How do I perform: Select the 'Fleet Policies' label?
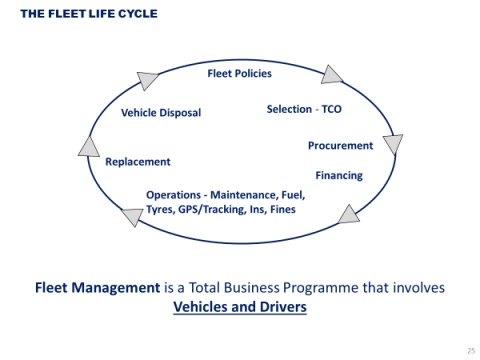coord(239,73)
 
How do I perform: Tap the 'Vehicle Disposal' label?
coord(161,113)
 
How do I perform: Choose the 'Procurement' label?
coord(340,145)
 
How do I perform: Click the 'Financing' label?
coord(339,175)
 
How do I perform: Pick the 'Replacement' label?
coord(138,161)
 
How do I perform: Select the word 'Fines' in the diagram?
coord(281,210)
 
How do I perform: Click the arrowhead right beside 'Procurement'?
coord(393,144)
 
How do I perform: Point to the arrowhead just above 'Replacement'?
coord(89,146)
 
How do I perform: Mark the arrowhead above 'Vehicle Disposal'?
coord(148,81)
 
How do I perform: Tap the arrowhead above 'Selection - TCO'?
coord(332,74)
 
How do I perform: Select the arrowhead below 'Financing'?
coord(349,213)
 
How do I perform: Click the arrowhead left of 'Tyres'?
coord(131,216)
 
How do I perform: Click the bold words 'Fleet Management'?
coord(96,288)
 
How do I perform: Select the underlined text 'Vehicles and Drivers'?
coord(240,306)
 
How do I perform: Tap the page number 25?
coord(469,351)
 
